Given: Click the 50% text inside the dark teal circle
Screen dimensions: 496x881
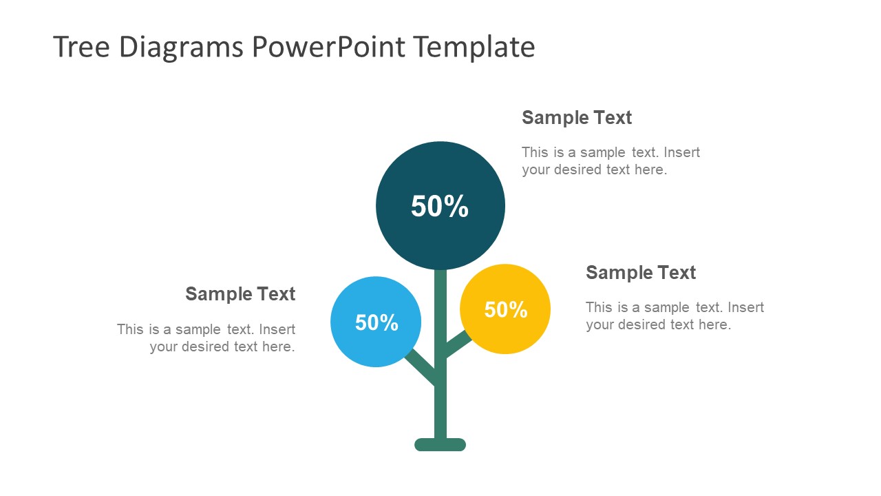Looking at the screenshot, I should click(440, 206).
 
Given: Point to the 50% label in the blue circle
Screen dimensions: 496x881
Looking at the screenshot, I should click(376, 322).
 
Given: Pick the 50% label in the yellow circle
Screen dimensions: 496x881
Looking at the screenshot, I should click(506, 310).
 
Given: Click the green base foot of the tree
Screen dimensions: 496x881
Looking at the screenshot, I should click(440, 445).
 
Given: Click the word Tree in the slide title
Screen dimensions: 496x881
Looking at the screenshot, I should click(81, 47).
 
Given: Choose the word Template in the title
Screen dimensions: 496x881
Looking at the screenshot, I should click(474, 47).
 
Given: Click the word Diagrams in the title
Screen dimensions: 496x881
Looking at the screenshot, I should click(181, 47).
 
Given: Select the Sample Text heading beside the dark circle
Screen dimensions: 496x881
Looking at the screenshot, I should click(577, 118).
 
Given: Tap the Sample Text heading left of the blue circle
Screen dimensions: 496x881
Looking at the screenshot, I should click(240, 294).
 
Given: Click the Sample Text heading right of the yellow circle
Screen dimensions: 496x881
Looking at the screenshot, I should click(641, 273).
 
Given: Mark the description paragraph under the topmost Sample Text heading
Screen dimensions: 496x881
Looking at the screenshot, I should click(611, 161).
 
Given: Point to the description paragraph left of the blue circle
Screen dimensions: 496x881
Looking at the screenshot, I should click(206, 338).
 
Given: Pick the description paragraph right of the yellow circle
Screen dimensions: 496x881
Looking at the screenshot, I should click(675, 316).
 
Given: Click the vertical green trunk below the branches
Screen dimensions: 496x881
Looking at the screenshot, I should click(440, 413).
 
